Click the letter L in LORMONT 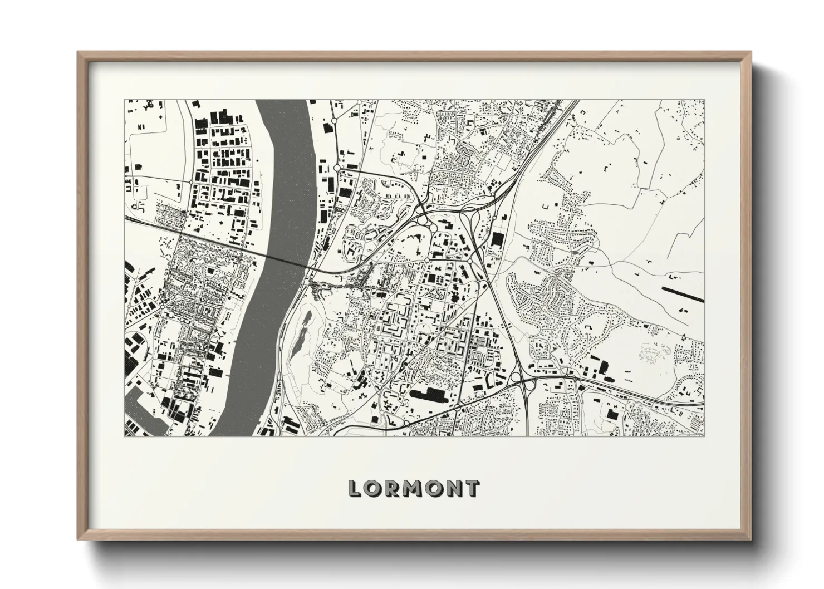tap(356, 489)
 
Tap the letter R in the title tap(393, 489)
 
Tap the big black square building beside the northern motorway tap(497, 239)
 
